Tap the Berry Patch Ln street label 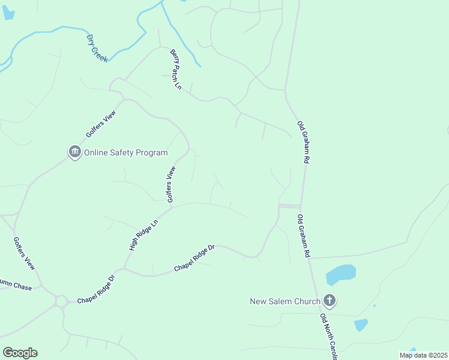pos(175,70)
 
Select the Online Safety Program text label pos(125,152)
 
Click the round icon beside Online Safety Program pos(74,152)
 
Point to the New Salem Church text pos(284,301)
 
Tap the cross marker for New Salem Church pos(329,300)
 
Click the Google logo pos(20,353)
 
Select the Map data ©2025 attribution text pos(423,355)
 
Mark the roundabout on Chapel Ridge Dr pos(61,301)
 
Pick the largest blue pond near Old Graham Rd pos(340,275)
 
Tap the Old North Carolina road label pos(330,335)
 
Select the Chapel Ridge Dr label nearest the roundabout pos(95,290)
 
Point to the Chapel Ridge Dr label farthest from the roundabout pos(194,257)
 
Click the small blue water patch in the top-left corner pos(8,13)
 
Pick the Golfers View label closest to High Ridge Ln pos(171,185)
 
